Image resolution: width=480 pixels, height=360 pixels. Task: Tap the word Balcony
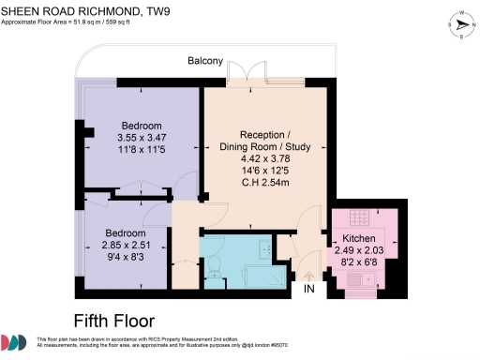tap(204, 62)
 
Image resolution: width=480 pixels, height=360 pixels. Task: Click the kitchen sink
tap(360, 281)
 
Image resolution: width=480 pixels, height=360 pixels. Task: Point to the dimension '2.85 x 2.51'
tap(125, 245)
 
